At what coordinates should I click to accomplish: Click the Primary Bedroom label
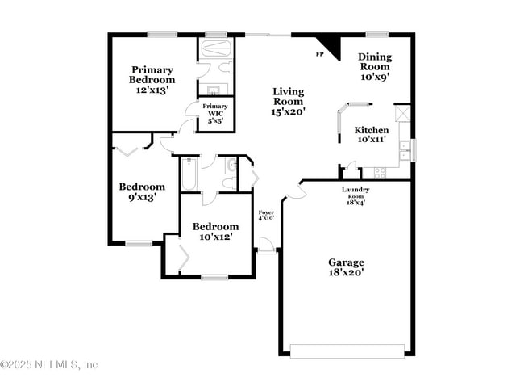click(152, 79)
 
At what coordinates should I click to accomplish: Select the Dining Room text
click(375, 67)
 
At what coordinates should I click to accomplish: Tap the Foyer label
click(266, 214)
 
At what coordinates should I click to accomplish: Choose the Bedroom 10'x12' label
click(216, 231)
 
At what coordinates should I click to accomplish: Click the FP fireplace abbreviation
click(319, 54)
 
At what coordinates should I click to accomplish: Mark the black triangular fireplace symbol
click(328, 44)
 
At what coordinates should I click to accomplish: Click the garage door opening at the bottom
click(347, 351)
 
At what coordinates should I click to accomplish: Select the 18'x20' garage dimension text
click(346, 272)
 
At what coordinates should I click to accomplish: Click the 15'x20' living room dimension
click(288, 112)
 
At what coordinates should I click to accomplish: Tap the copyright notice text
click(50, 364)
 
